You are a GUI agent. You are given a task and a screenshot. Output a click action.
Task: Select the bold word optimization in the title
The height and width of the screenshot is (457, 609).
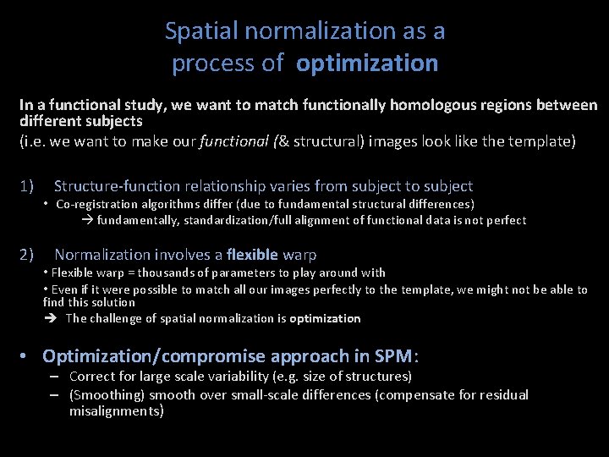click(x=368, y=63)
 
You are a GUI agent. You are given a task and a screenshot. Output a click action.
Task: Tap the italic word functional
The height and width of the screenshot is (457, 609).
click(x=228, y=140)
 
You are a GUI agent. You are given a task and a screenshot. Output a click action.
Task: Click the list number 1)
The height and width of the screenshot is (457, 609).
click(x=26, y=186)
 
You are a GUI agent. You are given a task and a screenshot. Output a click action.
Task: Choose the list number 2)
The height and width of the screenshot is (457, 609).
click(x=26, y=254)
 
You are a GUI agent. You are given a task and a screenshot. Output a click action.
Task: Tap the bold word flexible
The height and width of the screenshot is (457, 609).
click(x=252, y=254)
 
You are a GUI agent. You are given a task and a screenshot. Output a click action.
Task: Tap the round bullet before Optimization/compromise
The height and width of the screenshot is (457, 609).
click(x=29, y=356)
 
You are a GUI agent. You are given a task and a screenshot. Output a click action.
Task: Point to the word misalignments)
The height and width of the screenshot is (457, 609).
click(x=117, y=411)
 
